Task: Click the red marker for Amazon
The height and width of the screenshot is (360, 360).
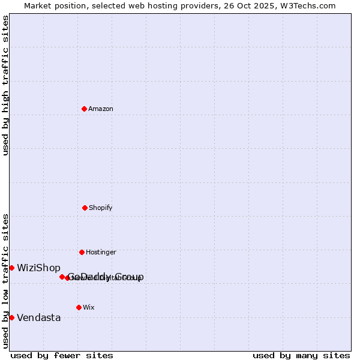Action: (x=84, y=109)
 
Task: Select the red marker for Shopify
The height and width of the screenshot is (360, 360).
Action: (x=85, y=208)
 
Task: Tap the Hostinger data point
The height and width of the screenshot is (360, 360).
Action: (x=82, y=252)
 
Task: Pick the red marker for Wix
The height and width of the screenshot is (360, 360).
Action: (x=79, y=307)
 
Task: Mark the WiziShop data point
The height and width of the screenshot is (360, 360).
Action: (x=11, y=268)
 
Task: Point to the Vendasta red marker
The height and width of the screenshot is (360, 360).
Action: (x=11, y=317)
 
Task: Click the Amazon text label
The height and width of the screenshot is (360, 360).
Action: (x=101, y=109)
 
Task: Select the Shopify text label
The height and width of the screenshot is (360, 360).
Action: (x=101, y=208)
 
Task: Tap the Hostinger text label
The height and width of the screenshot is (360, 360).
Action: (x=101, y=252)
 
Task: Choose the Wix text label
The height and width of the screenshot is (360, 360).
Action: (x=89, y=307)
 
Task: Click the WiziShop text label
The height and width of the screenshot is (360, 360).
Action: (x=38, y=268)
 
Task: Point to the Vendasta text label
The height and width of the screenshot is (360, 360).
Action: (x=38, y=317)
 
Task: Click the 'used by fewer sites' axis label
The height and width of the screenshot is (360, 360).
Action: (x=62, y=355)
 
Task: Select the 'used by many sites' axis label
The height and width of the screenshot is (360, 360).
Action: (x=301, y=355)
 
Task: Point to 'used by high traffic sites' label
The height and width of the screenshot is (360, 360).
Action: (x=5, y=85)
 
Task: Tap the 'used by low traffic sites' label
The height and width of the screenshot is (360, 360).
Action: (x=5, y=280)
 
